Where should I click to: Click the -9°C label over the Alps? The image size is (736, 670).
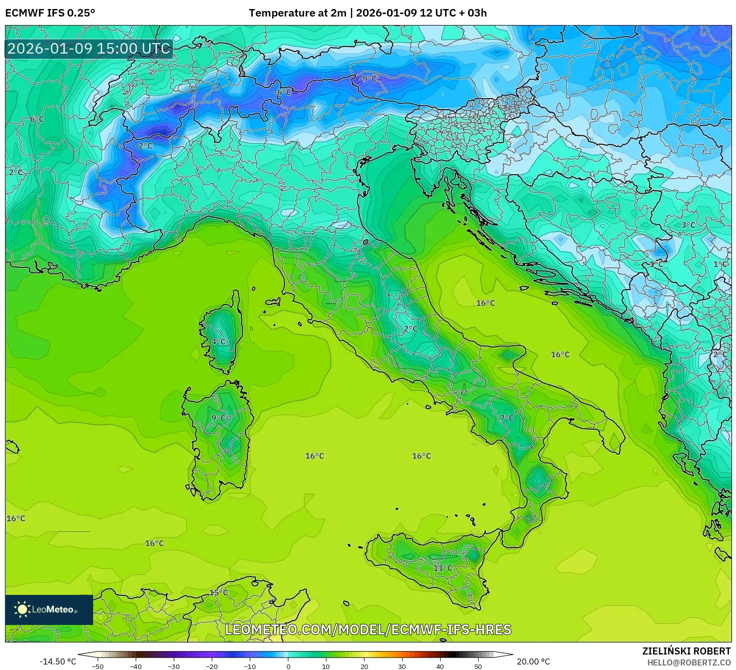370,79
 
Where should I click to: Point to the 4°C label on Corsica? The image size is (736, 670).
219,342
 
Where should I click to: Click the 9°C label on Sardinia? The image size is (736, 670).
219,418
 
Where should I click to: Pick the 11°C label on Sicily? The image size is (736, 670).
443,567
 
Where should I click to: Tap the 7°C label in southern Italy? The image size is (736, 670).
507,418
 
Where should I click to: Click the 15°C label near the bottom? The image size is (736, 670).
218,592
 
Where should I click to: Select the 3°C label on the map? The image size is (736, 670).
688,225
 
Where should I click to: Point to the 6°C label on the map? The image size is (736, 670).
37,119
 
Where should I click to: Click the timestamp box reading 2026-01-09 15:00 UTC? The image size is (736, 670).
89,49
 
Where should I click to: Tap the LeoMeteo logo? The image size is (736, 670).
49,609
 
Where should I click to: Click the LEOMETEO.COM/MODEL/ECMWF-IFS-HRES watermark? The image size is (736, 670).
368,629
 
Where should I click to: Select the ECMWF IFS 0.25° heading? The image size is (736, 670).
50,13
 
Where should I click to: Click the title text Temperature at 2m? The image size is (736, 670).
297,13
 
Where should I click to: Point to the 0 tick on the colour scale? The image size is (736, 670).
288,666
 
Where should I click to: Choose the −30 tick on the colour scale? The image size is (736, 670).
173,666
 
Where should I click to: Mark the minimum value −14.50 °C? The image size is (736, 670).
58,661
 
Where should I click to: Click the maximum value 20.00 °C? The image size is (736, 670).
533,661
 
